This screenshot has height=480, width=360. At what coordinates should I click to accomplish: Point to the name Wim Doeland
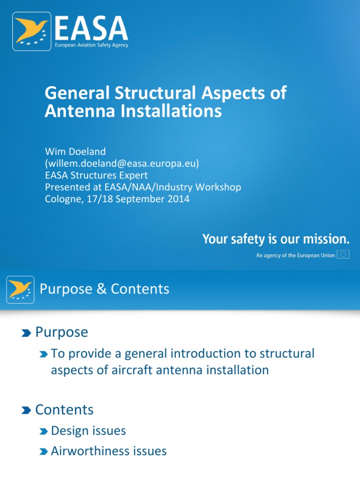click(75, 151)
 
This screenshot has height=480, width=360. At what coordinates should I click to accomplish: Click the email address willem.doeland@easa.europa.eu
click(122, 163)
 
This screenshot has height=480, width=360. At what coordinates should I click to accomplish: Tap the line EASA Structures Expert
click(96, 175)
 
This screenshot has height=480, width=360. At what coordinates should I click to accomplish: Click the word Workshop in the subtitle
click(218, 187)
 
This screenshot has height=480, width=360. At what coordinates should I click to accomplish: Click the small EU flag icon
click(344, 255)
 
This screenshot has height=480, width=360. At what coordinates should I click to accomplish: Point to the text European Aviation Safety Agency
click(91, 45)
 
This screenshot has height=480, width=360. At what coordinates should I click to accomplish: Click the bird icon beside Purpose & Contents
click(20, 289)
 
